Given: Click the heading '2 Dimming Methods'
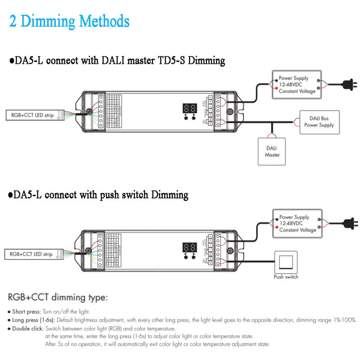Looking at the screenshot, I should tap(69, 21).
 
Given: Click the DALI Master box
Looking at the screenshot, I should tap(272, 151).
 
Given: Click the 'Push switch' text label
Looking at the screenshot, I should tap(286, 277).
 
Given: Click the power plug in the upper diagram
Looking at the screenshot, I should tap(350, 85).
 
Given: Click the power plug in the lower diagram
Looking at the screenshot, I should tap(350, 223).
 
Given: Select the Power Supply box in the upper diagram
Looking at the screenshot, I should tap(297, 85).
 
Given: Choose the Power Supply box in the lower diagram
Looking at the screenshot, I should tap(297, 223).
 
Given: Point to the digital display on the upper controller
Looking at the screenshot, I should tap(189, 108).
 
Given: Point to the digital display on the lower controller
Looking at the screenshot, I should tap(189, 247).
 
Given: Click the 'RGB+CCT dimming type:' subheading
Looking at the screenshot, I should tap(58, 297).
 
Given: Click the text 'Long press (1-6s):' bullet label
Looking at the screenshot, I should tap(34, 320).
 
